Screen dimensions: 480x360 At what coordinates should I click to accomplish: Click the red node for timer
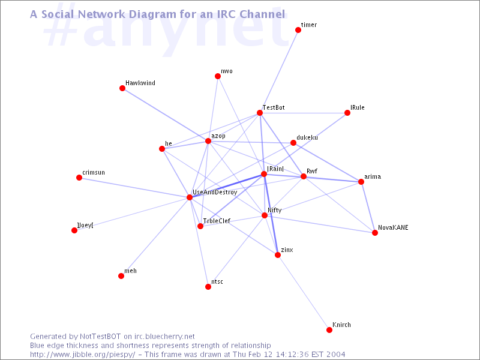click(x=298, y=29)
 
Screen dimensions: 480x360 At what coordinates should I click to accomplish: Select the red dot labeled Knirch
click(x=329, y=329)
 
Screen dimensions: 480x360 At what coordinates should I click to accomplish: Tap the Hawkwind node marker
click(x=122, y=88)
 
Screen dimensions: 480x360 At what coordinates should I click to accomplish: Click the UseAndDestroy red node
click(x=190, y=197)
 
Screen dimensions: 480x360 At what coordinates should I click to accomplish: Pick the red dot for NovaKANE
click(x=375, y=233)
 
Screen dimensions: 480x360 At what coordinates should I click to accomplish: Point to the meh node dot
click(x=121, y=276)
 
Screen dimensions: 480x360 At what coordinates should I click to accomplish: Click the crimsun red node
click(x=79, y=178)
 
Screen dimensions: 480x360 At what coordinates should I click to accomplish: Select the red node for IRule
click(x=347, y=113)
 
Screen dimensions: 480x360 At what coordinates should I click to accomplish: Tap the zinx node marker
click(x=278, y=255)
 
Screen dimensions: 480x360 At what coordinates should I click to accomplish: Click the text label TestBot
click(x=274, y=107)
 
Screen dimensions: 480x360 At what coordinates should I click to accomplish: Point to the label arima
click(x=373, y=176)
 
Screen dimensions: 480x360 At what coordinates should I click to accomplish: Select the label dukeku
click(x=307, y=138)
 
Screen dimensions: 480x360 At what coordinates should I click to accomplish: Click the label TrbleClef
click(x=217, y=221)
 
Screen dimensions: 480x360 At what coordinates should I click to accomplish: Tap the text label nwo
click(x=227, y=71)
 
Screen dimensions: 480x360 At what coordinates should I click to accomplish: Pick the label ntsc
click(x=217, y=281)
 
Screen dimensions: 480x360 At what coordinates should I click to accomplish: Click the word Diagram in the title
click(x=167, y=14)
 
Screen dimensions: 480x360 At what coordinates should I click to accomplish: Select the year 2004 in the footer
click(x=335, y=354)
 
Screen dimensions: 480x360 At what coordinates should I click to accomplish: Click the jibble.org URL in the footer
click(x=82, y=355)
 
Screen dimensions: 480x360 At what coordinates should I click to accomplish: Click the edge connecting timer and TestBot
click(x=279, y=71)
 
